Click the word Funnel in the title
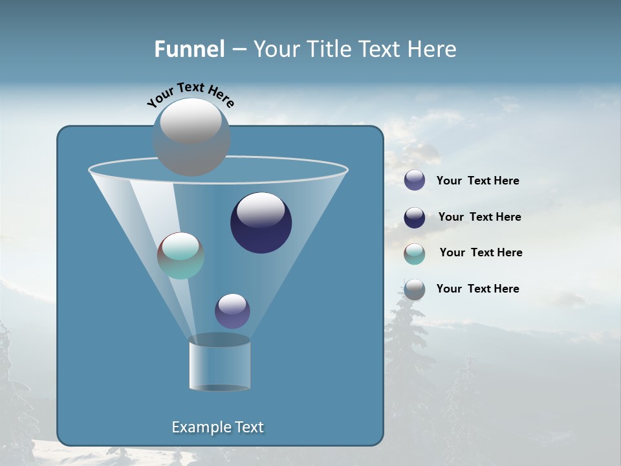click(x=190, y=49)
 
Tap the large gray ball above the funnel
click(x=191, y=137)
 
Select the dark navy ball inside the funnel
click(x=261, y=223)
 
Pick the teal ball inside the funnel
click(x=181, y=256)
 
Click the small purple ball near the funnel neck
click(x=232, y=311)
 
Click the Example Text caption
click(x=217, y=427)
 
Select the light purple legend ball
click(x=415, y=181)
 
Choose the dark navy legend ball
click(x=415, y=217)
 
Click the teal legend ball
click(x=415, y=254)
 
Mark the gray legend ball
click(x=415, y=289)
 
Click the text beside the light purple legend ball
click(x=477, y=181)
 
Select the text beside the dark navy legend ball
click(x=479, y=217)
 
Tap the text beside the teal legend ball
click(x=481, y=253)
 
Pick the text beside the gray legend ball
click(x=477, y=289)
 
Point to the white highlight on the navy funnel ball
click(x=261, y=210)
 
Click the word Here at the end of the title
click(x=433, y=49)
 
